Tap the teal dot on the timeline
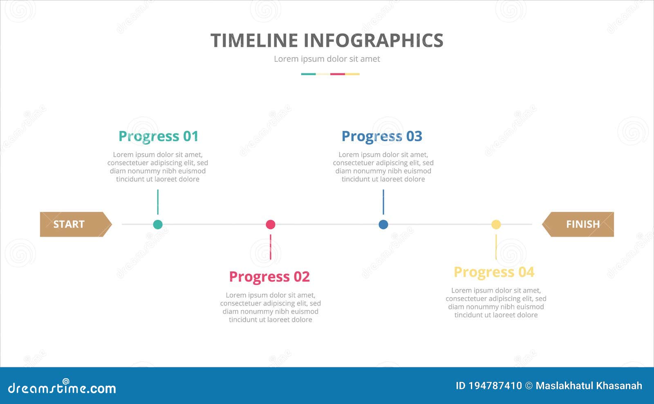pyautogui.click(x=158, y=224)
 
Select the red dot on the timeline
pyautogui.click(x=271, y=224)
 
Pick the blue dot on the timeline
pyautogui.click(x=383, y=224)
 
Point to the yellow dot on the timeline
pyautogui.click(x=496, y=224)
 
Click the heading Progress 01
pyautogui.click(x=158, y=136)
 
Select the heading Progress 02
pyautogui.click(x=269, y=277)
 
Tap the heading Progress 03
pyautogui.click(x=382, y=136)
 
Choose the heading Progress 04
pyautogui.click(x=494, y=272)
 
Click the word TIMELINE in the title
pyautogui.click(x=254, y=41)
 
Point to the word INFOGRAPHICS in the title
pyautogui.click(x=373, y=41)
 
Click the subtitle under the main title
pyautogui.click(x=327, y=59)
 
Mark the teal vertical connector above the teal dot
pyautogui.click(x=158, y=202)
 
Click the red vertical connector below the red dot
pyautogui.click(x=271, y=247)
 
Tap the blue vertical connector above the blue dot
pyautogui.click(x=383, y=202)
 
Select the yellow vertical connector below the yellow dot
pyautogui.click(x=496, y=247)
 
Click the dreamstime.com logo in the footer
pyautogui.click(x=62, y=388)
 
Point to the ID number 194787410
pyautogui.click(x=495, y=386)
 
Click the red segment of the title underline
pyautogui.click(x=338, y=74)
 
